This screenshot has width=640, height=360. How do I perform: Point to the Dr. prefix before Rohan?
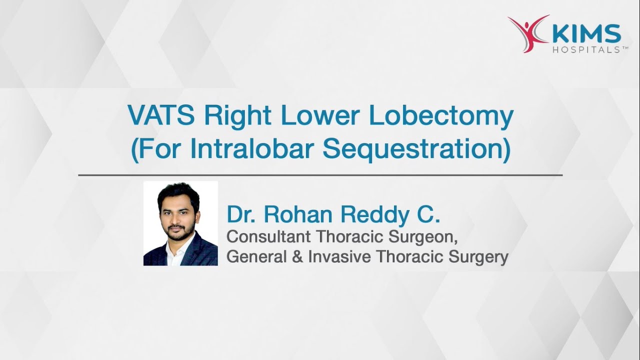pyautogui.click(x=242, y=214)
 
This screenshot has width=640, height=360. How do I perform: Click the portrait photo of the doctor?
pyautogui.click(x=180, y=223)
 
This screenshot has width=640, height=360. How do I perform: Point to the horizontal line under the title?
pyautogui.click(x=320, y=175)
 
